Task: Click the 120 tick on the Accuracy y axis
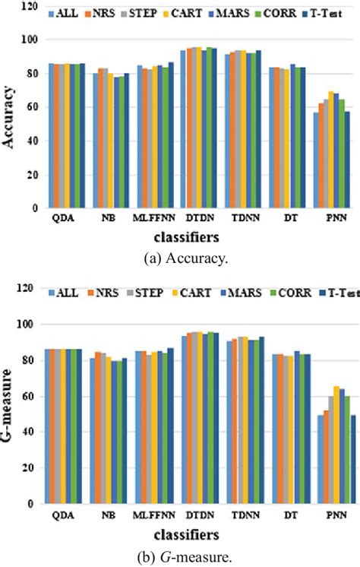29,6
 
